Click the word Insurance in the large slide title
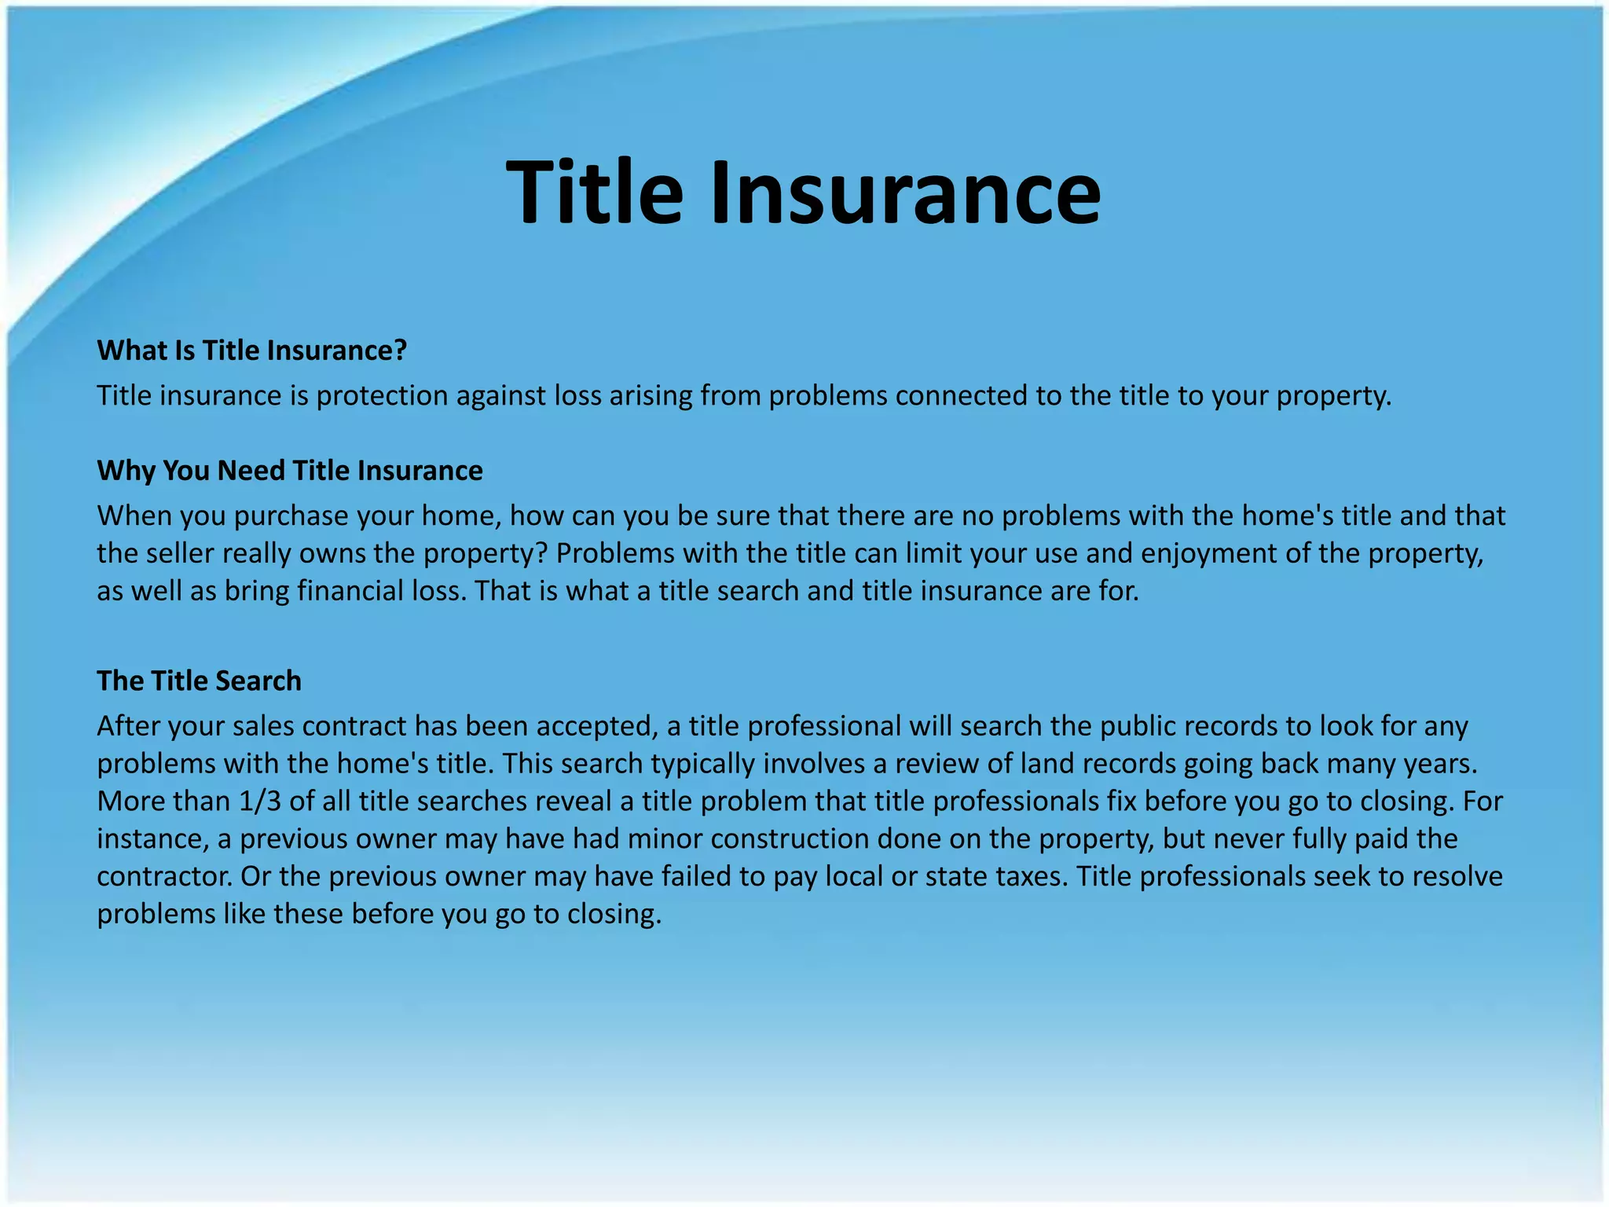tap(905, 193)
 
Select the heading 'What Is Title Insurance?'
tap(252, 350)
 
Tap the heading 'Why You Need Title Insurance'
tap(290, 471)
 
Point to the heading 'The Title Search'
tap(199, 681)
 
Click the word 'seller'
tap(178, 554)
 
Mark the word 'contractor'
tap(164, 877)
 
